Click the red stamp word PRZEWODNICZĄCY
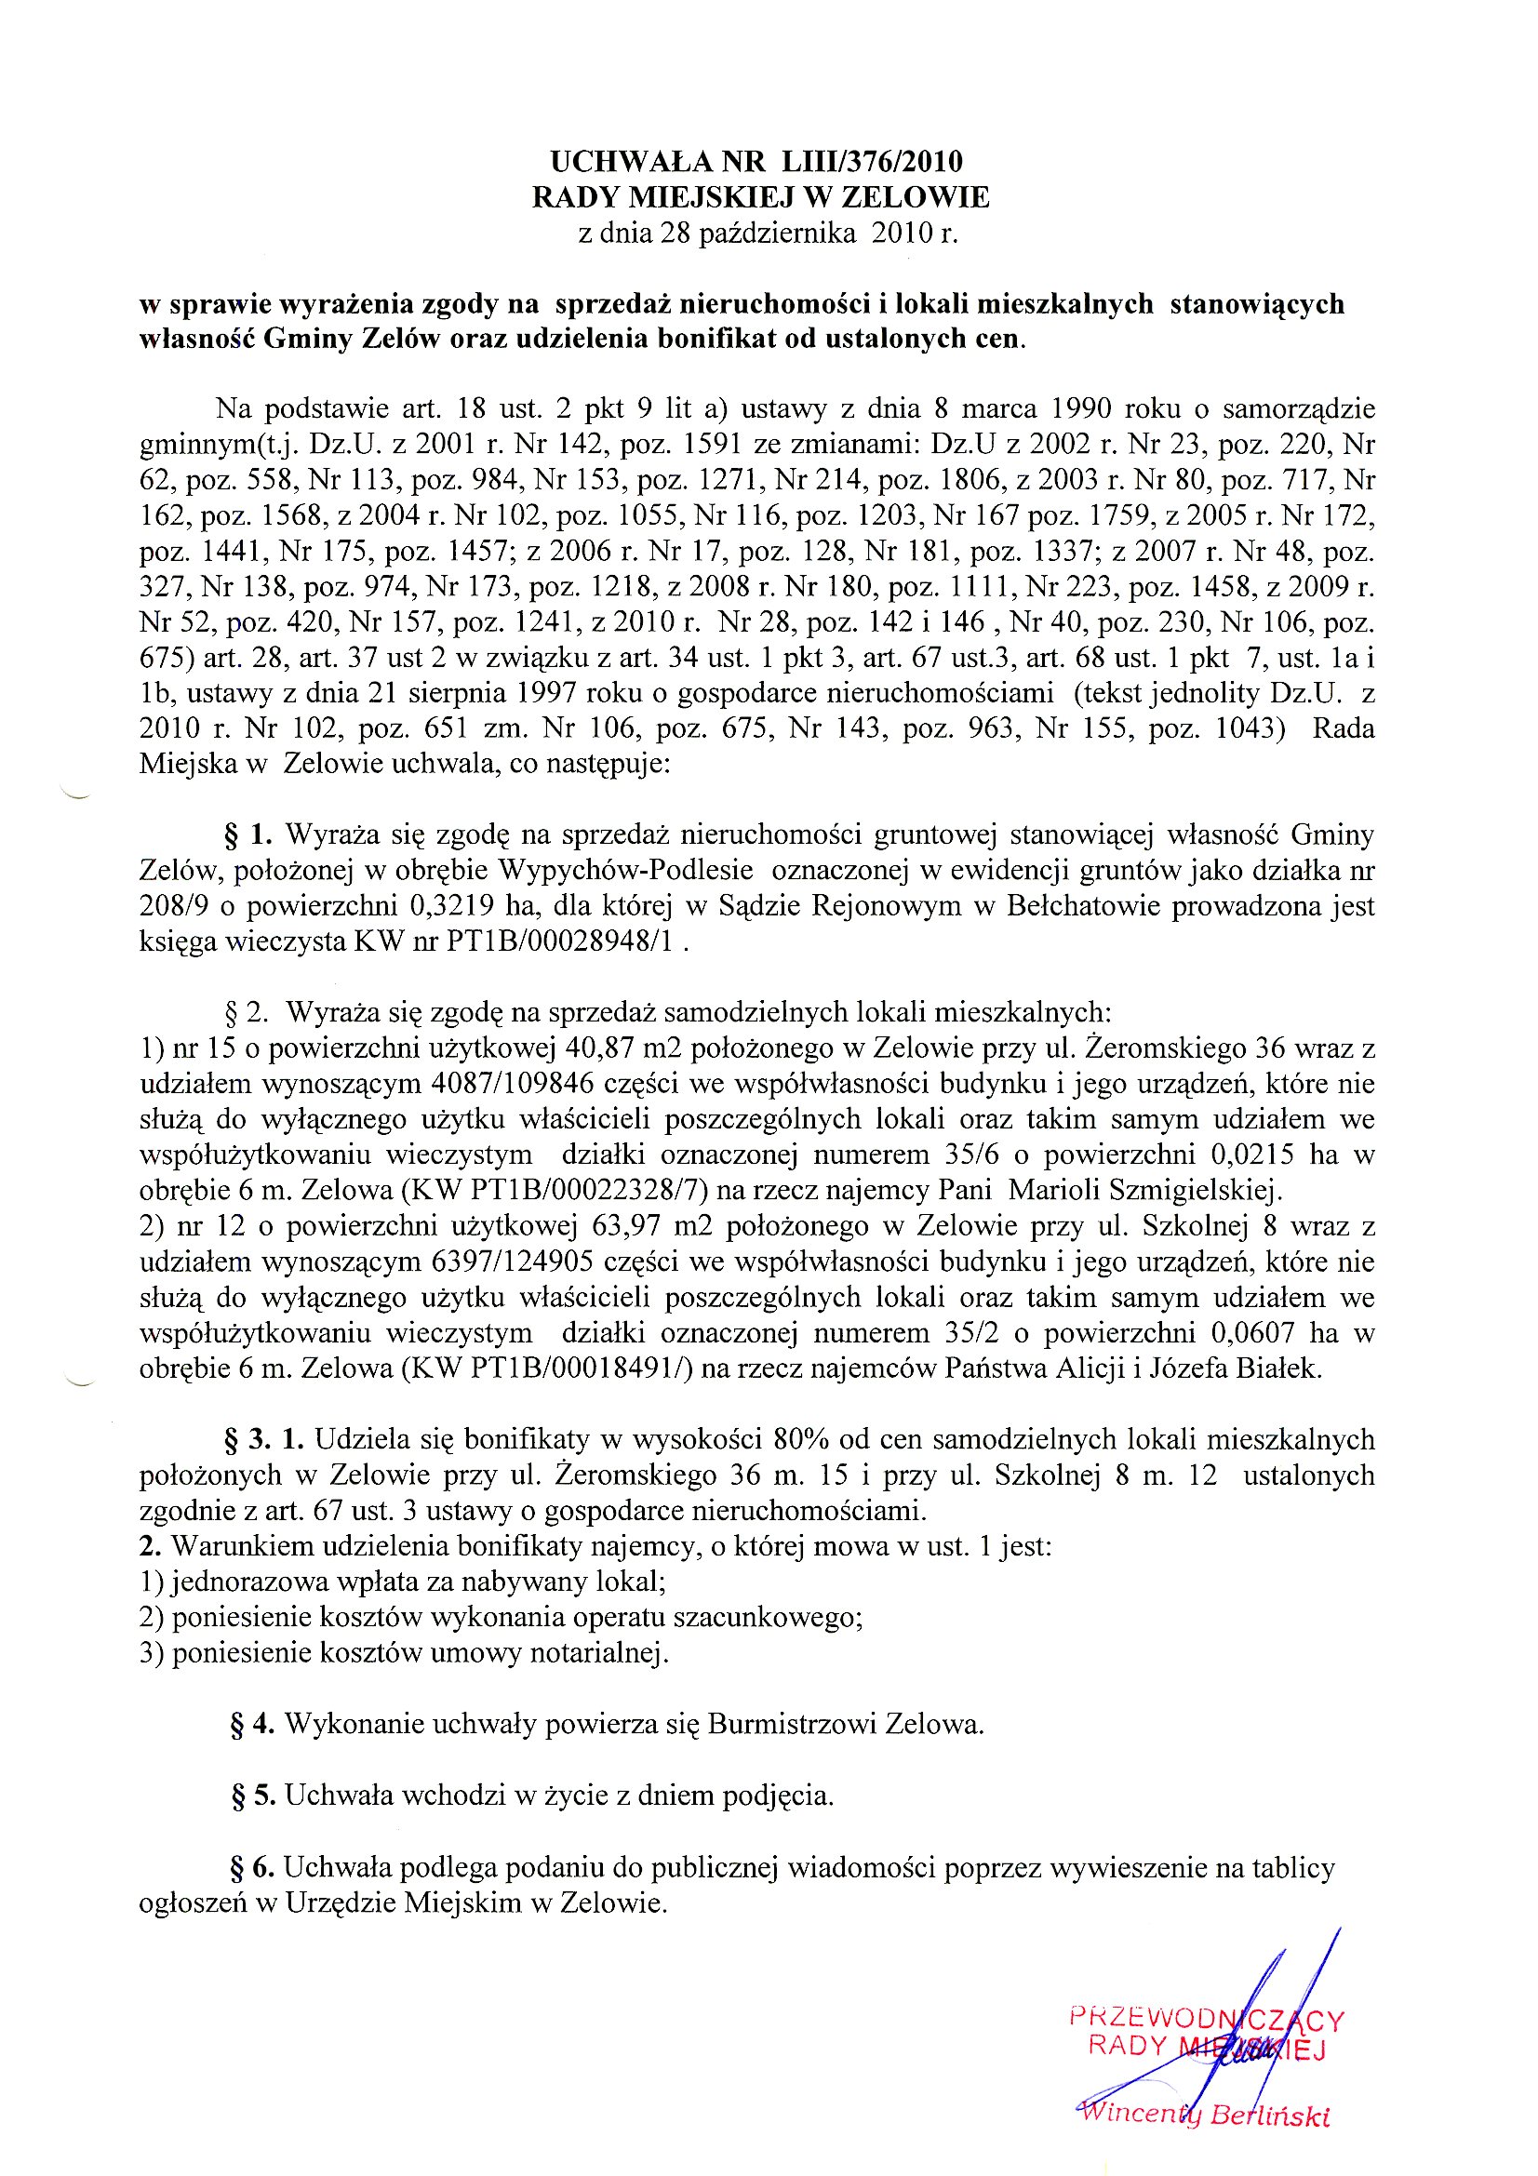[x=1207, y=2017]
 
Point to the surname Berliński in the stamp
[x=1270, y=2116]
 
